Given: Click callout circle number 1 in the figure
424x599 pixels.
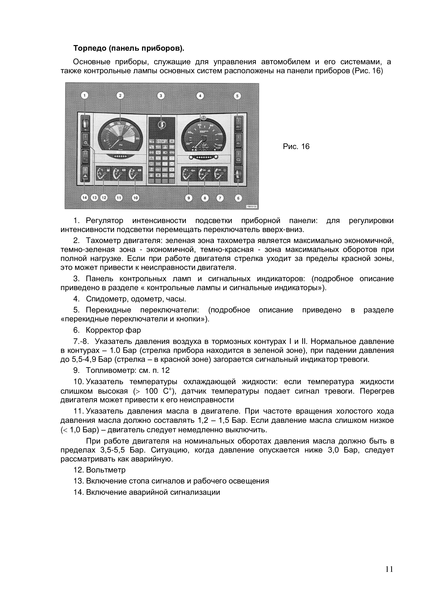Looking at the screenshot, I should pyautogui.click(x=84, y=96).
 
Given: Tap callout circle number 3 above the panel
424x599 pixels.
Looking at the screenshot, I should pyautogui.click(x=161, y=96).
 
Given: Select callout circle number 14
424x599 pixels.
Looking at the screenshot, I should pyautogui.click(x=84, y=198).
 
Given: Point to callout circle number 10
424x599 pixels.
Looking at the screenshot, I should pyautogui.click(x=136, y=198).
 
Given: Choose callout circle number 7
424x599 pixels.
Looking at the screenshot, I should pyautogui.click(x=220, y=198).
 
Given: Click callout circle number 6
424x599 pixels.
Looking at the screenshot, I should pyautogui.click(x=238, y=198).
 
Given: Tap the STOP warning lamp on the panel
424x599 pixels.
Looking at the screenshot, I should pyautogui.click(x=161, y=141).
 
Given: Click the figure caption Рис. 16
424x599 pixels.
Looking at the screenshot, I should pyautogui.click(x=296, y=147).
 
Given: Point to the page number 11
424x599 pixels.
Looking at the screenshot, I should pyautogui.click(x=389, y=569).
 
